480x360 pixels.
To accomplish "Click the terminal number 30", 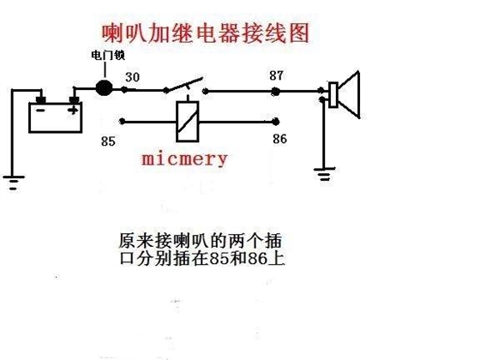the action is point(132,77).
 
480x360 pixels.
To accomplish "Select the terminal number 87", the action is point(276,75).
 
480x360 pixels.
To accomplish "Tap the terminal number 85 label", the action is point(108,141).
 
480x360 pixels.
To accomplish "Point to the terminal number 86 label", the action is point(279,139).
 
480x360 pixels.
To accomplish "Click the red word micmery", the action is point(184,159).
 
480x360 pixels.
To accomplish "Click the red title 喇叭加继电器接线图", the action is point(206,33).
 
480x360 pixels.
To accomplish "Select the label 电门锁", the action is point(108,56).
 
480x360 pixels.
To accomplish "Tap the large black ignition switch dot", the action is point(104,88).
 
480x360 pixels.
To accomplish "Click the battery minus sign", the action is point(40,111).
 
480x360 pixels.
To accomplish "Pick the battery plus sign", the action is point(73,110).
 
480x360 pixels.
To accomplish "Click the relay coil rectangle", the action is point(188,121).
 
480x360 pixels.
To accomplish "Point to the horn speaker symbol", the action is point(344,94).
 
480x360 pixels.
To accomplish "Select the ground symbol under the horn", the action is point(324,173).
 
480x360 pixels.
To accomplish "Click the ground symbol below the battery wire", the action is point(13,183).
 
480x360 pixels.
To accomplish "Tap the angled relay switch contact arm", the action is point(184,84).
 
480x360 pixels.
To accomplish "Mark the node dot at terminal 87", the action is point(275,91).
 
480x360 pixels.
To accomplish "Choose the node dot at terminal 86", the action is point(275,122).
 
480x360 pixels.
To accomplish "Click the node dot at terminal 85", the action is point(122,122).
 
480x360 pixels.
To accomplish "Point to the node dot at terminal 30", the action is point(124,90).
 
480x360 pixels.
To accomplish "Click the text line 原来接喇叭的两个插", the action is point(200,241).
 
